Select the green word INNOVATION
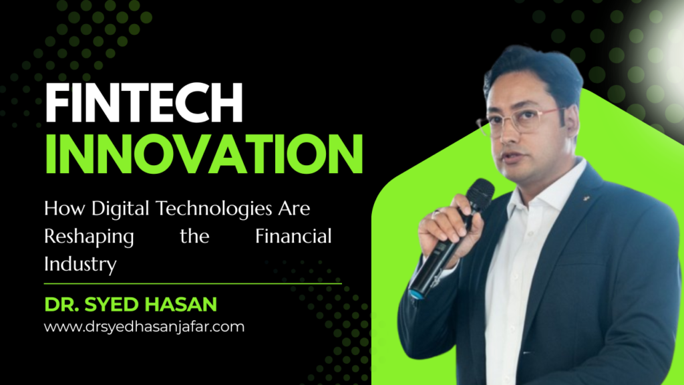coord(203,155)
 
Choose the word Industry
coord(80,264)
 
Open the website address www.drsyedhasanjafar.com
coord(144,328)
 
